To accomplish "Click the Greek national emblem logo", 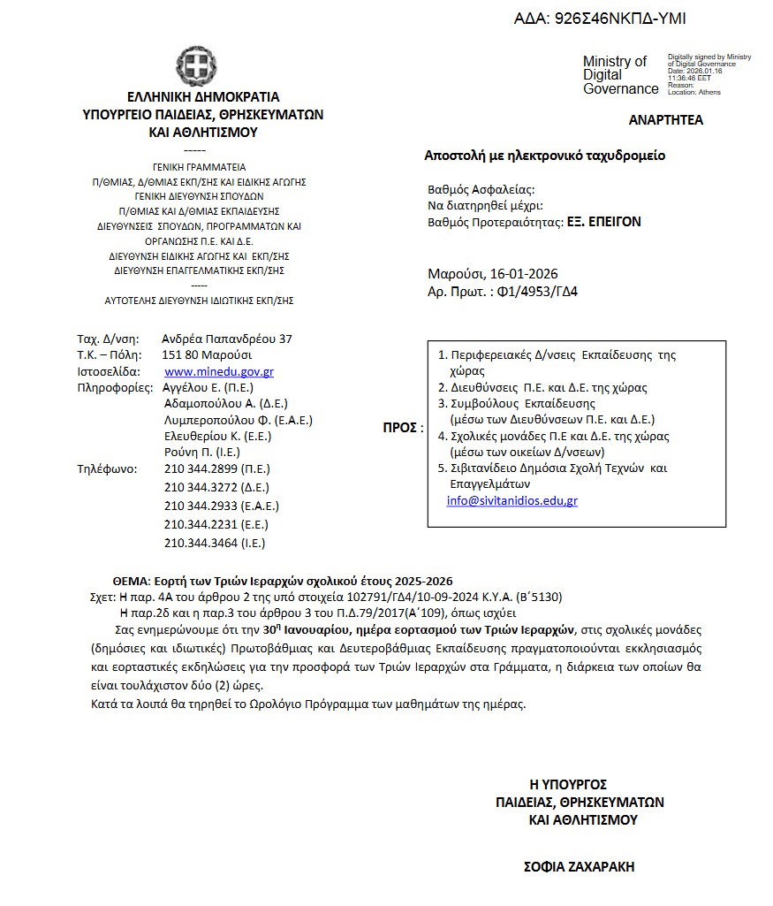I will pyautogui.click(x=196, y=66).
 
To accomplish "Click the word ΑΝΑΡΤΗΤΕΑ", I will pyautogui.click(x=666, y=120).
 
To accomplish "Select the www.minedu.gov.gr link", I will pyautogui.click(x=219, y=372).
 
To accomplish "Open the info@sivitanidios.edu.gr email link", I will pyautogui.click(x=512, y=500).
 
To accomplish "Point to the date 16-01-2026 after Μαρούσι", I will pyautogui.click(x=525, y=274).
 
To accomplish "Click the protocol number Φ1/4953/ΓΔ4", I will pyautogui.click(x=541, y=292).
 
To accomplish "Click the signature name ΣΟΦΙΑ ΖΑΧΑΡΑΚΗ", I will pyautogui.click(x=580, y=867).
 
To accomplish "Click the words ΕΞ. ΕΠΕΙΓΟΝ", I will pyautogui.click(x=603, y=223).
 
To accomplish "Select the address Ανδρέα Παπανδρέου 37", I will pyautogui.click(x=227, y=339).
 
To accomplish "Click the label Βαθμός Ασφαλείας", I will pyautogui.click(x=481, y=189).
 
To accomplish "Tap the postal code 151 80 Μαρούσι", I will pyautogui.click(x=208, y=355).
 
